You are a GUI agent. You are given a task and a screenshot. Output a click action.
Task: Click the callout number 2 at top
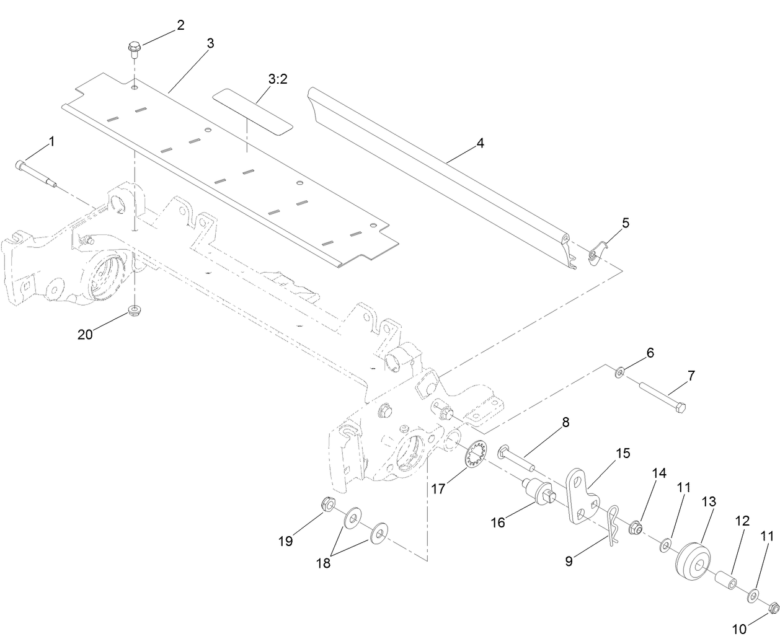click(180, 25)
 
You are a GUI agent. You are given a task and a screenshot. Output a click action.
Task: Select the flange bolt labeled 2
click(134, 49)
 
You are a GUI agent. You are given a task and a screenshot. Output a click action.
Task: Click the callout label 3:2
click(278, 80)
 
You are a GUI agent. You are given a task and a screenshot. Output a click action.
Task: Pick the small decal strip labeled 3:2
click(252, 111)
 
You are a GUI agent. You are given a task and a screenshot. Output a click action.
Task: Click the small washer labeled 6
click(619, 373)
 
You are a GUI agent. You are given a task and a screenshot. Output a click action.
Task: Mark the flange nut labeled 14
click(634, 529)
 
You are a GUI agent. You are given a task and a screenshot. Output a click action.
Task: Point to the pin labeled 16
click(534, 493)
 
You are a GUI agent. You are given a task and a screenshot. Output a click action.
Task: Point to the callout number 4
click(481, 143)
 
